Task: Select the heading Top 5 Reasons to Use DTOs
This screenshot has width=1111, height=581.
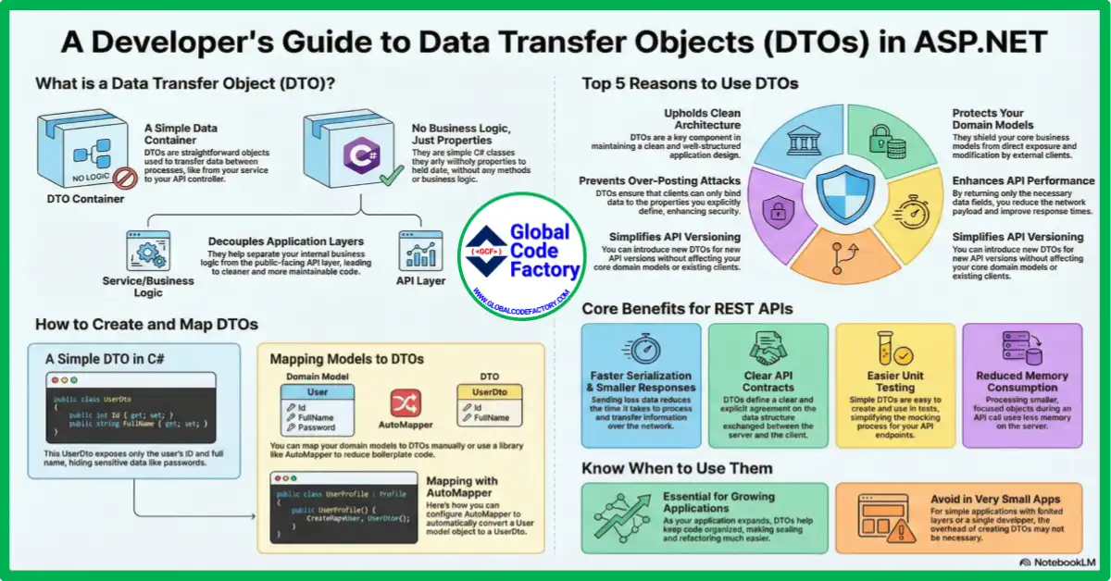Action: (690, 84)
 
